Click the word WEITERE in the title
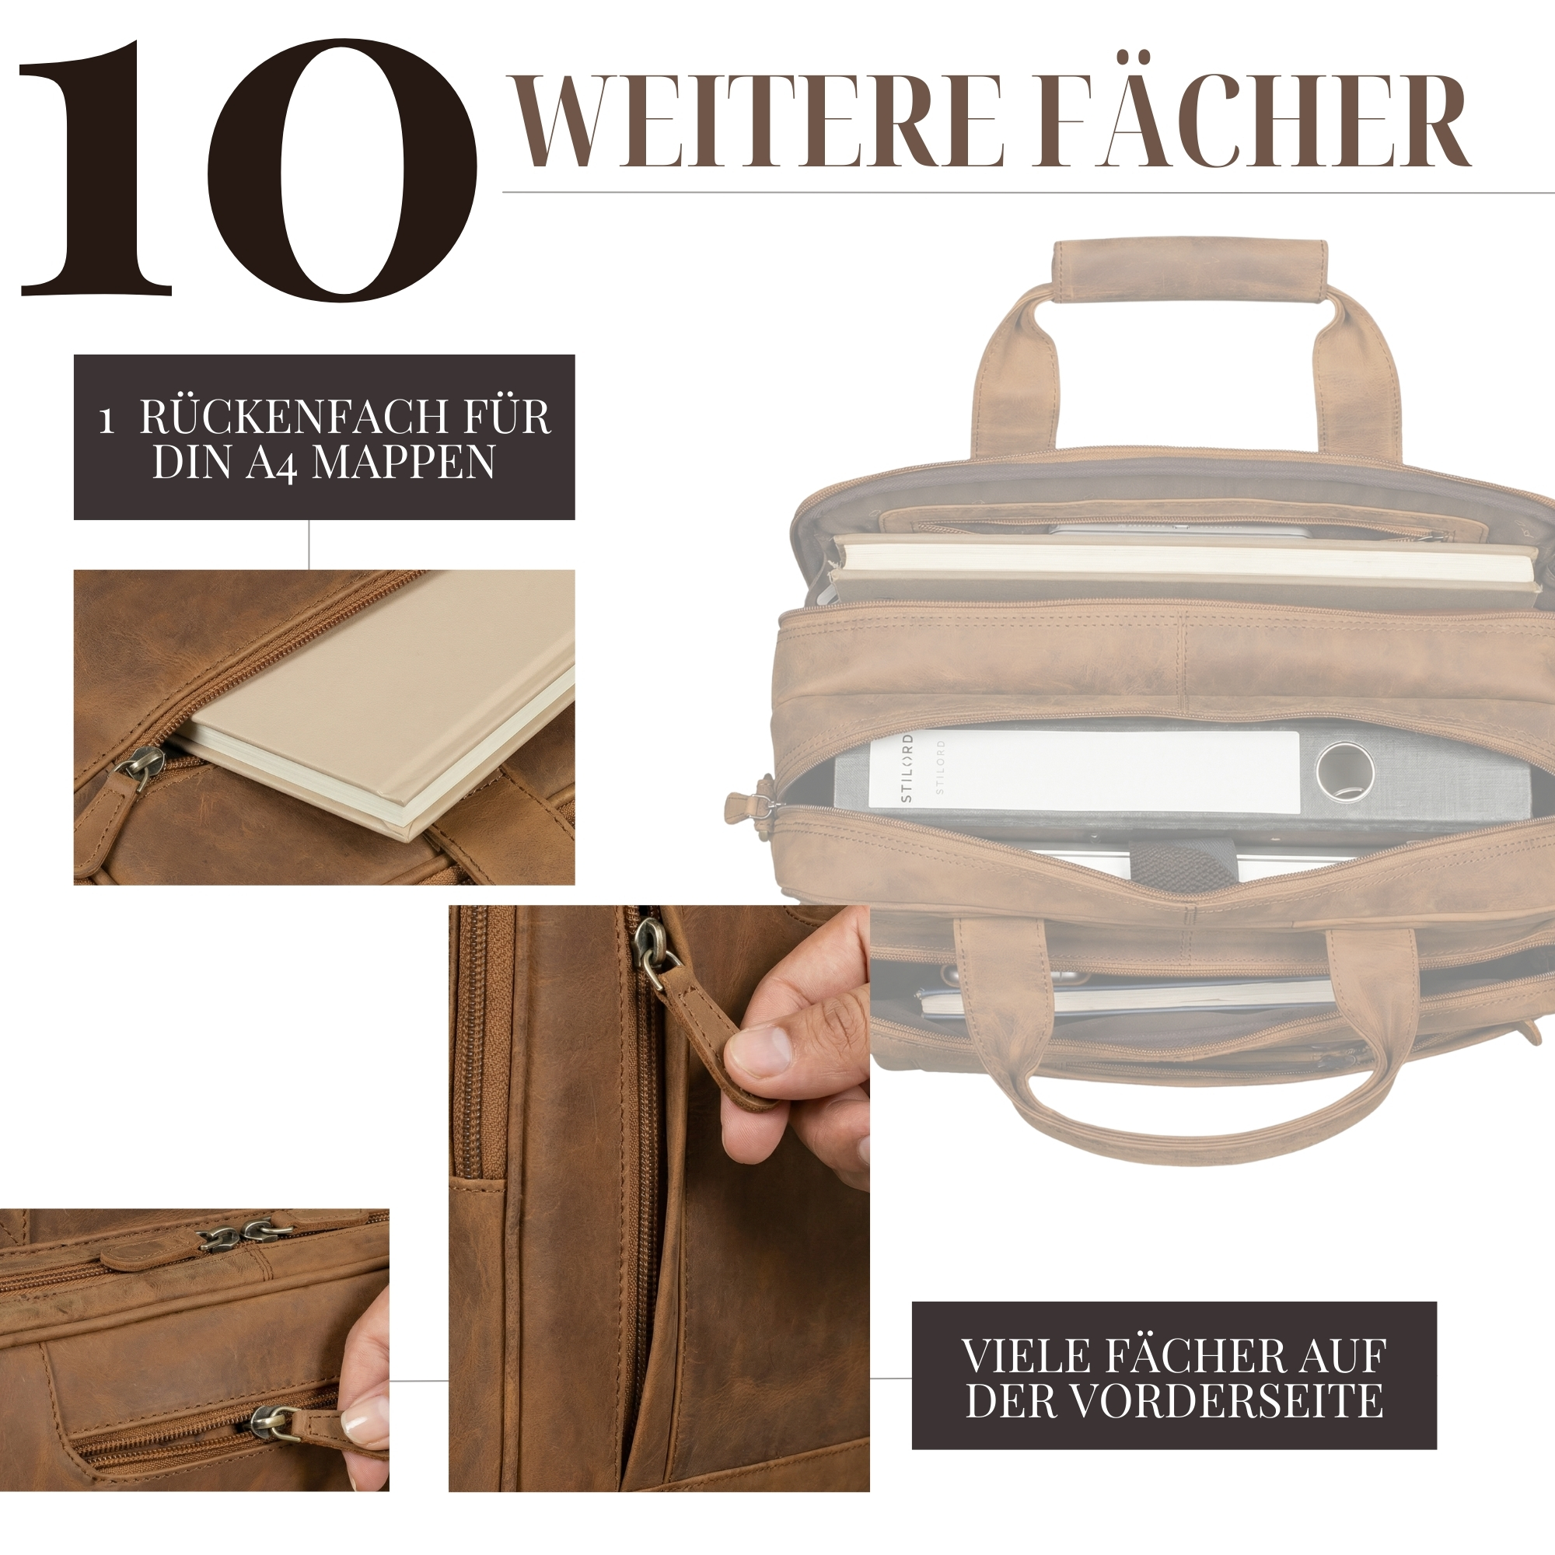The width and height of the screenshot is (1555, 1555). pos(757,121)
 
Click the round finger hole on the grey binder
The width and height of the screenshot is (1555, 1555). pos(1345,768)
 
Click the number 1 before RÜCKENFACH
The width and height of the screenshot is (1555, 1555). pos(107,420)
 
